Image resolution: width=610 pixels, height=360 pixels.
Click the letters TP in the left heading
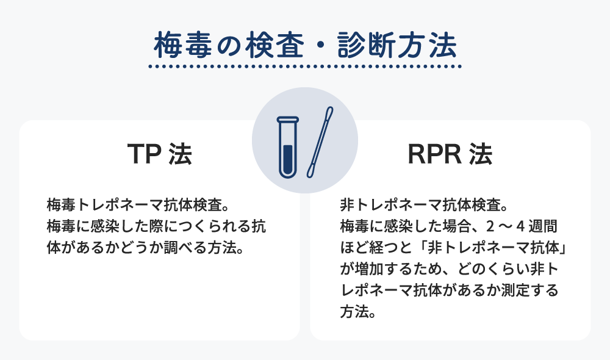click(144, 154)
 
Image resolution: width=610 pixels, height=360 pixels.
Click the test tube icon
click(288, 147)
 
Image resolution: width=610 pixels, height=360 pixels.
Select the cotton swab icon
click(320, 142)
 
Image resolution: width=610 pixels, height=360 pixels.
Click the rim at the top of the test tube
click(288, 119)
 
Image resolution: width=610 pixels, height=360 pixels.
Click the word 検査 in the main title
click(274, 46)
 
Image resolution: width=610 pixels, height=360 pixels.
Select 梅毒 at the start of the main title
click(183, 46)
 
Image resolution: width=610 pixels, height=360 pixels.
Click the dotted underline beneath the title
click(305, 67)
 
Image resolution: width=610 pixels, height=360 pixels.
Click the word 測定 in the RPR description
click(515, 290)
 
